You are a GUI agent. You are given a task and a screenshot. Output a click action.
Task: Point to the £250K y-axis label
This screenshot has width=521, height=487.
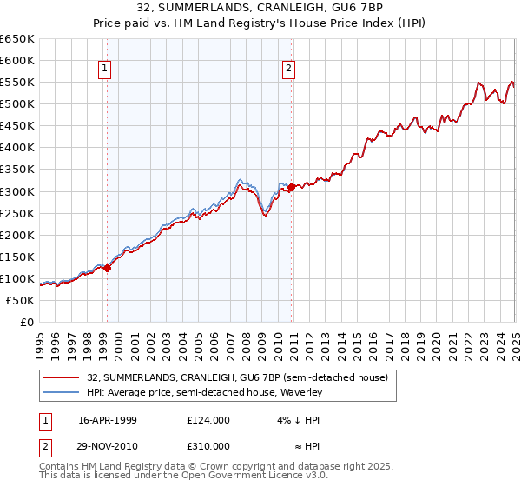point(16,213)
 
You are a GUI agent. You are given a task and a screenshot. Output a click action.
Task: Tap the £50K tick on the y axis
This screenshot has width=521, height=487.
point(20,300)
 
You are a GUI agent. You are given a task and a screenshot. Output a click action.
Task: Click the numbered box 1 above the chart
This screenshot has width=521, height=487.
point(104,69)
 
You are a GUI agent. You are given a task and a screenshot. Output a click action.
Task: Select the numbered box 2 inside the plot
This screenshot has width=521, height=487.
point(288,69)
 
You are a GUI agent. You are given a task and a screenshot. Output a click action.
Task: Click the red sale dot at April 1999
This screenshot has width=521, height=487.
point(108,268)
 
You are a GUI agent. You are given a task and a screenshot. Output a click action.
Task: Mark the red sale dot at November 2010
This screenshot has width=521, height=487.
point(292,186)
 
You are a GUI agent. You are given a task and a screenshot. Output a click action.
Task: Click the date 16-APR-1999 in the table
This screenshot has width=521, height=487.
point(108,420)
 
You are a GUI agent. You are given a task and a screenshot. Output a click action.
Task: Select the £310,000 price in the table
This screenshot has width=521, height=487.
point(208,445)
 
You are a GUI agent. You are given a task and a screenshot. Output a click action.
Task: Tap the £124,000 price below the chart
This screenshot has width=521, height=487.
point(208,420)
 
